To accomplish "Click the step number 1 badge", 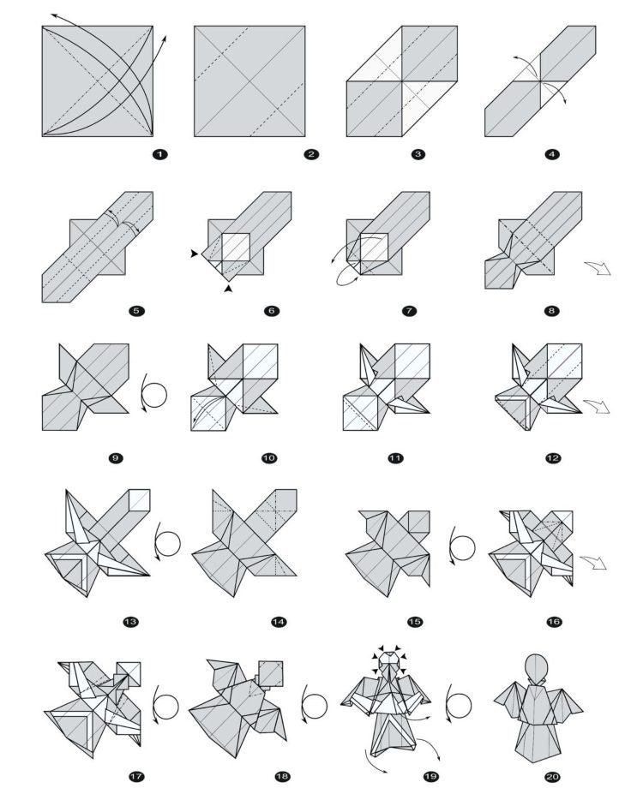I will [159, 154].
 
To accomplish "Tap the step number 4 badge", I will [553, 154].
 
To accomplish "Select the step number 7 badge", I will [410, 311].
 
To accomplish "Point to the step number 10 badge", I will [269, 458].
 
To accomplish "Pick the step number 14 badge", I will [279, 622].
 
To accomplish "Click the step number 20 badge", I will [551, 777].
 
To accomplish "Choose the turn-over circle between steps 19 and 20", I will [462, 706].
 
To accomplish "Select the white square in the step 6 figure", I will [236, 248].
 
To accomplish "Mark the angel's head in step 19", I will [391, 662].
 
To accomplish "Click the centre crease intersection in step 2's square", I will [249, 81].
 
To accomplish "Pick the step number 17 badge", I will [135, 777].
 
